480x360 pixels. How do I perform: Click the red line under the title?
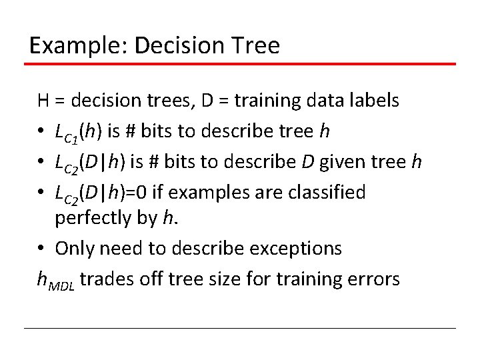click(240, 64)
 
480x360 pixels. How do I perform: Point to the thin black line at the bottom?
click(240, 328)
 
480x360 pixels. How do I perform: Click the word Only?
click(73, 248)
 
